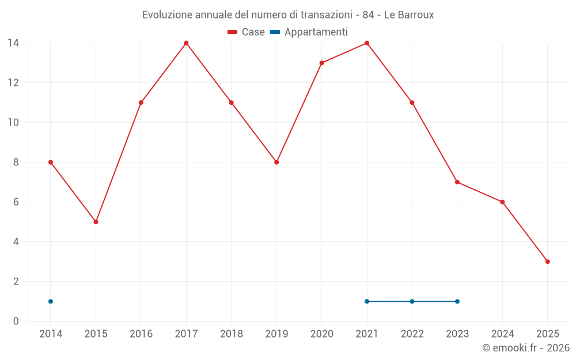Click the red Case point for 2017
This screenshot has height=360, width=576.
pos(186,43)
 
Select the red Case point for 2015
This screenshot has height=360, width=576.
pos(96,222)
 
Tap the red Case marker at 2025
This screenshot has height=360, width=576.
pos(547,262)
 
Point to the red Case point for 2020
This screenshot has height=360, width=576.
pos(321,63)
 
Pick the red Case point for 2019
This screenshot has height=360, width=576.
pos(276,162)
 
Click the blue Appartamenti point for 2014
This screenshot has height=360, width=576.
pos(51,301)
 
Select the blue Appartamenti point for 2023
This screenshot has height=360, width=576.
pos(457,301)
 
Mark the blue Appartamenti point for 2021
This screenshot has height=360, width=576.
pos(367,301)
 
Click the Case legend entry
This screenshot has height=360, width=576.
pos(247,32)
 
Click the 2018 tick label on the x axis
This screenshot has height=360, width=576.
pos(232,334)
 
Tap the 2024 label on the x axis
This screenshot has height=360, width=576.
pos(502,334)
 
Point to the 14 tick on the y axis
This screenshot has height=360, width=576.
pos(13,43)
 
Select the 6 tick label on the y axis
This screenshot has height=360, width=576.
pos(16,202)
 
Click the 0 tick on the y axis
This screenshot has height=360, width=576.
pos(16,321)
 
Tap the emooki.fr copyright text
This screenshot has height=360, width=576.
pos(526,348)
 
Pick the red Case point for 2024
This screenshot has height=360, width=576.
pos(502,202)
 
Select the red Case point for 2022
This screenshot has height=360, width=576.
pos(412,103)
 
